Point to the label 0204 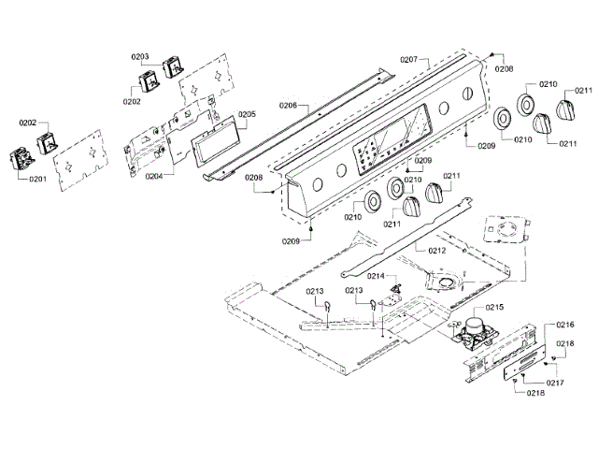[154, 175]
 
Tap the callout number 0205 [247, 114]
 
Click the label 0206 [288, 107]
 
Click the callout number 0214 [376, 276]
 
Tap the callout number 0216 [565, 324]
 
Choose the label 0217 [555, 383]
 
